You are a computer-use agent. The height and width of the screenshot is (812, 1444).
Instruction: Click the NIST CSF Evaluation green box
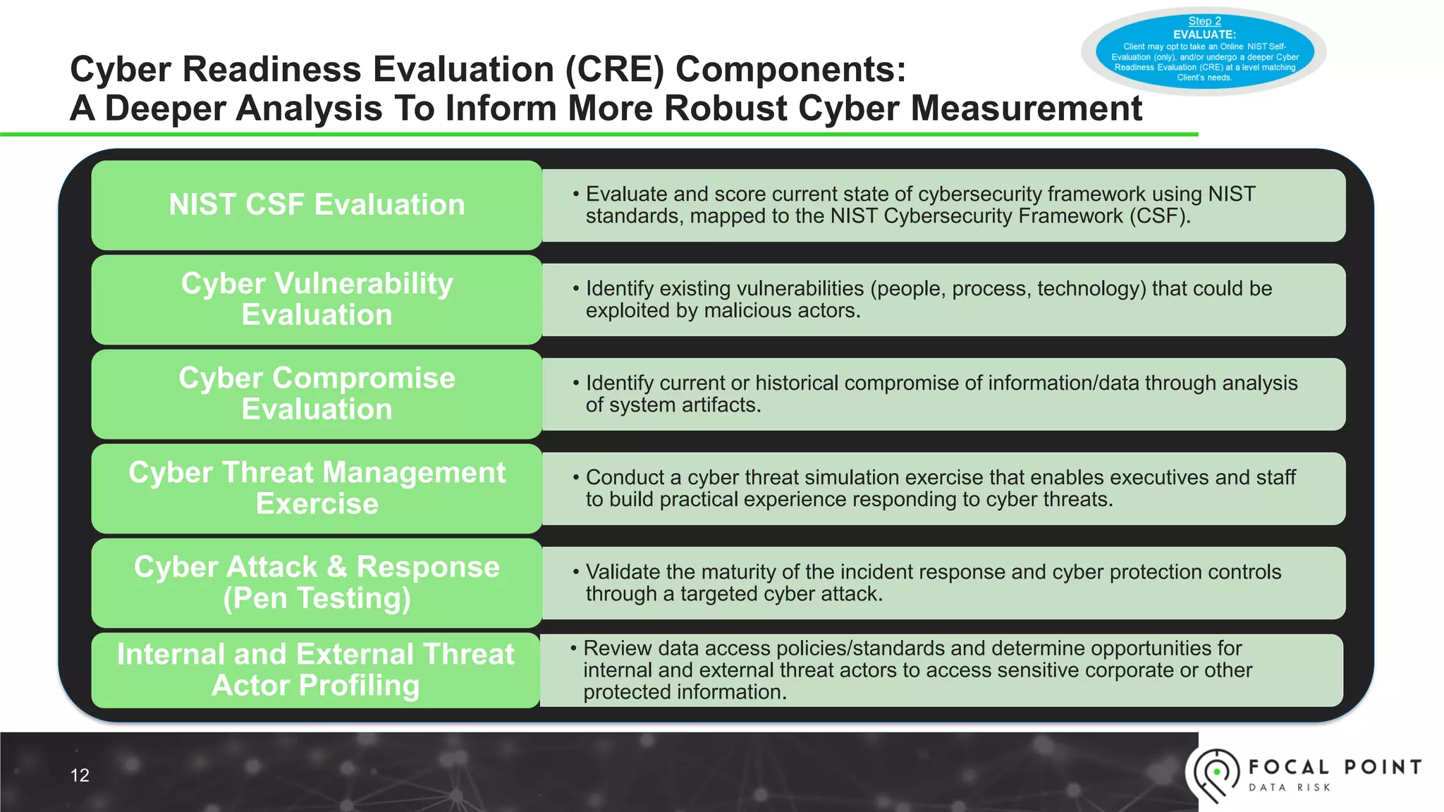(x=317, y=205)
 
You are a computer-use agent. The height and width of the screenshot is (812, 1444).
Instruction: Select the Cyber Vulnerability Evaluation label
(x=317, y=300)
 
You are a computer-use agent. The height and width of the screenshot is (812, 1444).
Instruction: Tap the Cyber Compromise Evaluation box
(x=317, y=394)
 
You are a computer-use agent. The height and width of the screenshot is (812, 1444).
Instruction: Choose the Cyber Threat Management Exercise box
(x=317, y=488)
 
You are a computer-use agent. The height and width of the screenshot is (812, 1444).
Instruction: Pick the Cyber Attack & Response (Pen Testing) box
(x=317, y=583)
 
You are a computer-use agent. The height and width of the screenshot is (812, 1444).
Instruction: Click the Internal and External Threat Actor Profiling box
(x=315, y=670)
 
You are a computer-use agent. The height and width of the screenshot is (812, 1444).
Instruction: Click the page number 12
(x=80, y=775)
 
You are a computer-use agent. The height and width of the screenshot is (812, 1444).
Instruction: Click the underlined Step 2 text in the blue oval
(x=1204, y=21)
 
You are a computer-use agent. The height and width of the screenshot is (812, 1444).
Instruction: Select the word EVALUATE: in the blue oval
(x=1204, y=35)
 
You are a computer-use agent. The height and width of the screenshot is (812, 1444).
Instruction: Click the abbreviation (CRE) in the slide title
(x=615, y=70)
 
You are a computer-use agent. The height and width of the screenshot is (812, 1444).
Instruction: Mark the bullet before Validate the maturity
(x=576, y=572)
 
